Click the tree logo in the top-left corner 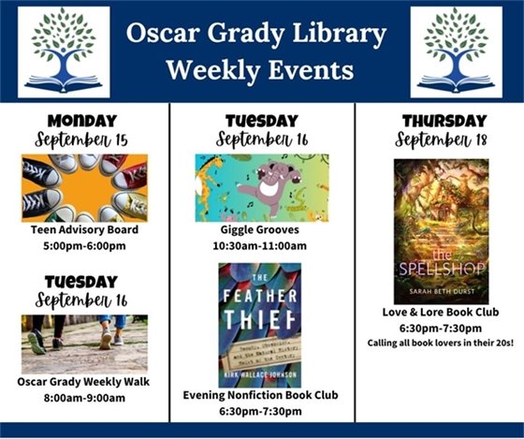[64, 51]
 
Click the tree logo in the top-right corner [456, 51]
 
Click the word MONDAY [84, 121]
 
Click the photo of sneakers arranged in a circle [84, 187]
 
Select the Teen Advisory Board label [84, 229]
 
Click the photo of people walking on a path [84, 344]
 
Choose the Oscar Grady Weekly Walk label [84, 382]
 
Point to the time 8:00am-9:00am [84, 398]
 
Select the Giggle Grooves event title [262, 230]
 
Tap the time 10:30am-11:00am [262, 246]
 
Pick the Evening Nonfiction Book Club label [262, 395]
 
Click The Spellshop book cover [441, 230]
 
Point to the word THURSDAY [444, 122]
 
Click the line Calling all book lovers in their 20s [440, 344]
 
